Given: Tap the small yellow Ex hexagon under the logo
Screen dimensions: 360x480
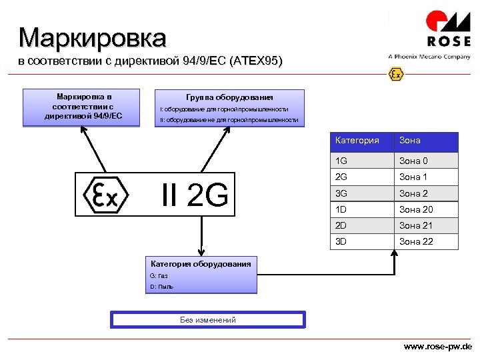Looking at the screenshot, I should pyautogui.click(x=396, y=73).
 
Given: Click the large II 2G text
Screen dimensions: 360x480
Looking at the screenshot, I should pyautogui.click(x=195, y=195).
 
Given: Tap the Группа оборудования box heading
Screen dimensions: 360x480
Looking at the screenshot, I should pyautogui.click(x=229, y=97).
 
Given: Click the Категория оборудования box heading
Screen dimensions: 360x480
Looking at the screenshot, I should pyautogui.click(x=201, y=264).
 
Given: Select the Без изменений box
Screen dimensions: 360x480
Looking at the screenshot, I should pyautogui.click(x=208, y=320).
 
